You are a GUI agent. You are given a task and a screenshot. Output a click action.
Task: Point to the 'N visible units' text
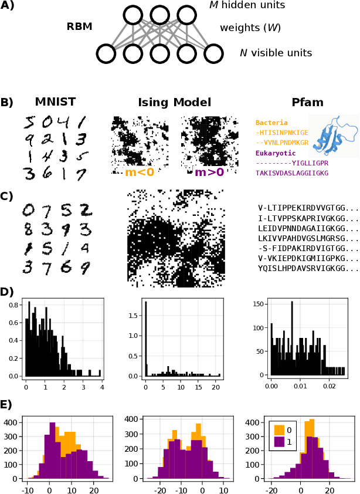[276, 53]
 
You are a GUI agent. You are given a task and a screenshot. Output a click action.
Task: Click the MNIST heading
[55, 102]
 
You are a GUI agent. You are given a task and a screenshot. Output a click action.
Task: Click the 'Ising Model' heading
[174, 102]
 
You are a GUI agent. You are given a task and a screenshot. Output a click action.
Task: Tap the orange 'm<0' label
[140, 172]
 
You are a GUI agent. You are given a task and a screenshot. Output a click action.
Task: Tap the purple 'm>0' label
[209, 172]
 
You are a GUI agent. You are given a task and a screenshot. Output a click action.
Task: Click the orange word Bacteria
[271, 123]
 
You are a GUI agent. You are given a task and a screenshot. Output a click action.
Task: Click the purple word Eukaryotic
[276, 153]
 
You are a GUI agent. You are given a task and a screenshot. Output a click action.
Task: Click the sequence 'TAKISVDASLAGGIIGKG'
[291, 173]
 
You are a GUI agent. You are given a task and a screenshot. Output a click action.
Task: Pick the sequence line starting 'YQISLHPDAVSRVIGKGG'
[307, 268]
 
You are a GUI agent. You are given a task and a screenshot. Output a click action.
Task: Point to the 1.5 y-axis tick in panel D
[134, 315]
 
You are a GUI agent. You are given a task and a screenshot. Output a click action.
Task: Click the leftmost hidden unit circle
[133, 15]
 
